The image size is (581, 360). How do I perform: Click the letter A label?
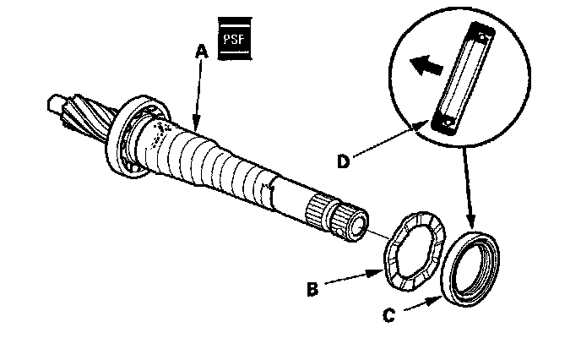pos(200,52)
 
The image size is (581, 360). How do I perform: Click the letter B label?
pos(313,290)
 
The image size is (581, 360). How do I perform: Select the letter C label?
pos(388,317)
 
